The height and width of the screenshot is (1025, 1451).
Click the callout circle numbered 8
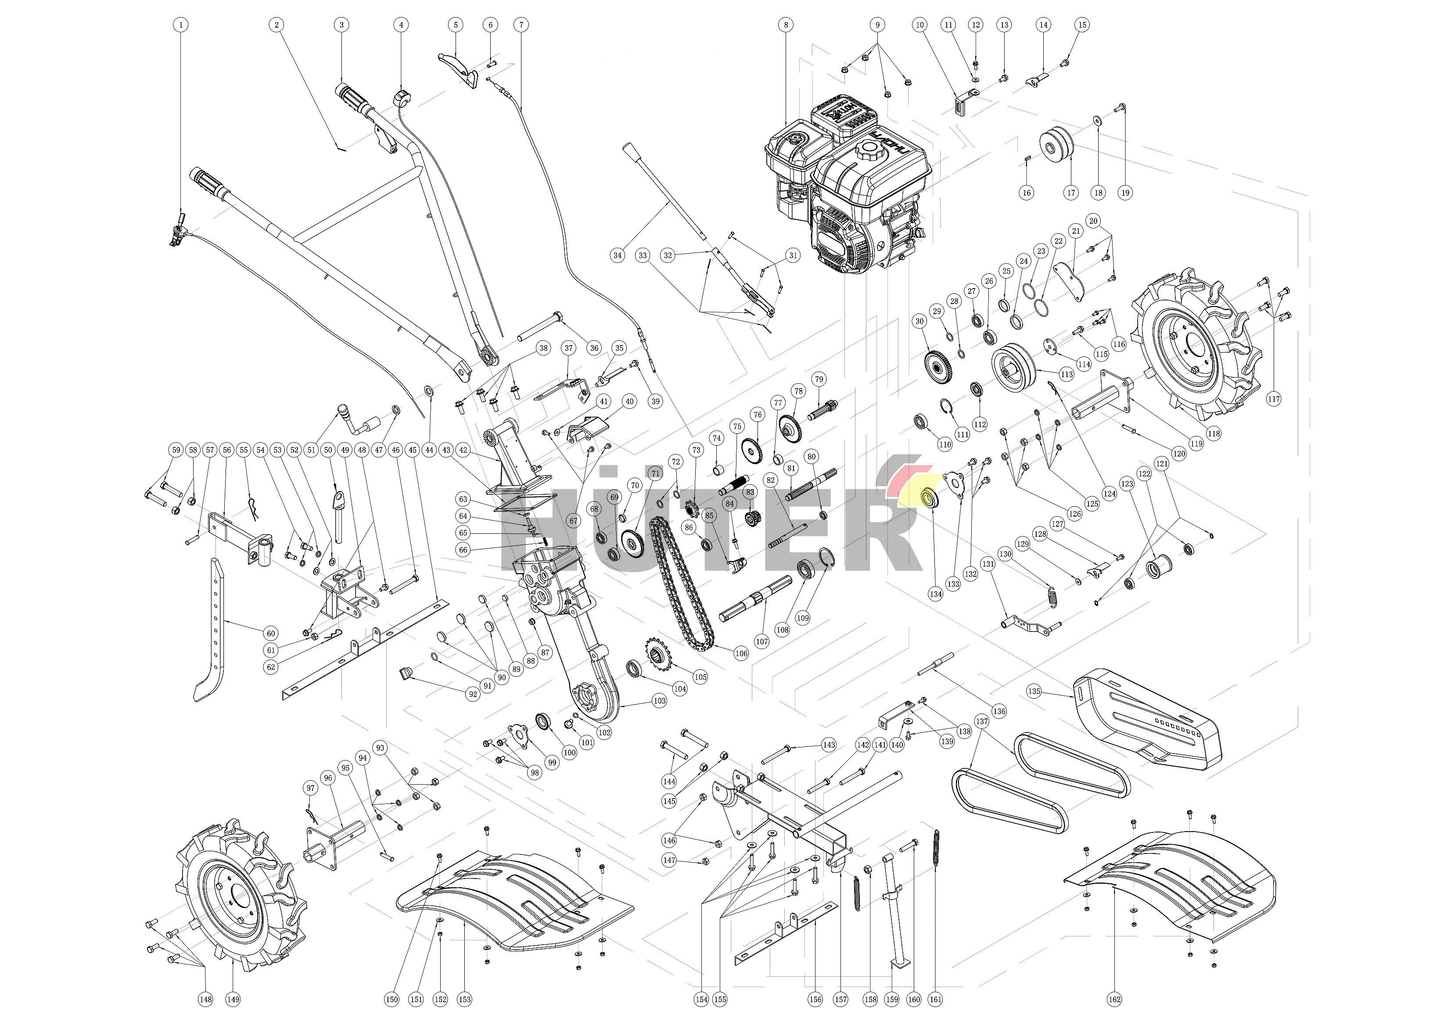tap(786, 25)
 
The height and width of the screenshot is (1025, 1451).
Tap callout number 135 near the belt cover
tap(1033, 692)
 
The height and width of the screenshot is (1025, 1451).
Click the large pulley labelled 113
tap(1013, 368)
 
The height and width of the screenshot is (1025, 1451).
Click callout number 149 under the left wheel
tap(233, 999)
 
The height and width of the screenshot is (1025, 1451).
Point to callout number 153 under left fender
tap(464, 999)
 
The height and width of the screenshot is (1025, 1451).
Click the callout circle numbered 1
tap(181, 25)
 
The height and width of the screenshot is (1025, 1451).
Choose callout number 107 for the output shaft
tap(762, 641)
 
